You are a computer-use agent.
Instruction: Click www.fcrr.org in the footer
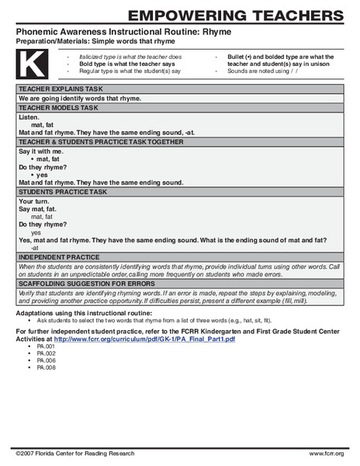(326, 453)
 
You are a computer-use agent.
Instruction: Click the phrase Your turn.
(33, 201)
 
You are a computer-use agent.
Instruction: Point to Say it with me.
(40, 150)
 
